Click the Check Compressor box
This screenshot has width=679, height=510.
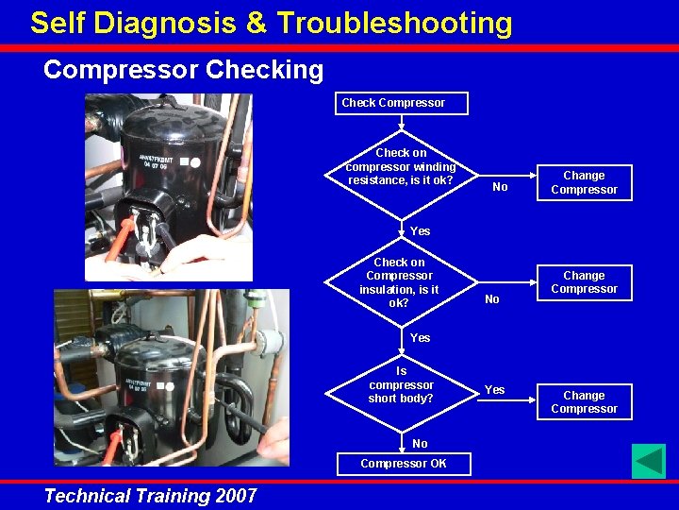[x=402, y=103]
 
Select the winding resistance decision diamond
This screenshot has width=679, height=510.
[x=400, y=166]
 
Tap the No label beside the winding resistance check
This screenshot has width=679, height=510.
[x=500, y=187]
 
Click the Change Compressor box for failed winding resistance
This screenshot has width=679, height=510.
[x=584, y=182]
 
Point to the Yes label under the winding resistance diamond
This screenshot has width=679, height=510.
[x=420, y=231]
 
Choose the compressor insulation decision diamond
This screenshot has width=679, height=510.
[x=398, y=282]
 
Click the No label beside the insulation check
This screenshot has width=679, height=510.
[x=491, y=299]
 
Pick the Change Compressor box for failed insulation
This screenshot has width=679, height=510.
[x=584, y=282]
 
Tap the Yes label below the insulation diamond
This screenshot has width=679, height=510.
[x=420, y=338]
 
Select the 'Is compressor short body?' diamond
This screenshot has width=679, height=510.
[x=401, y=385]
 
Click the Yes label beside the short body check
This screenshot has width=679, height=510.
[x=494, y=389]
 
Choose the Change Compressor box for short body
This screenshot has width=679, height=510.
[x=584, y=402]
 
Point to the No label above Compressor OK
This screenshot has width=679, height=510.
[x=420, y=444]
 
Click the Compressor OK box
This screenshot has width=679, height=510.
[x=403, y=464]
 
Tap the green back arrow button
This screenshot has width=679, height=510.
[x=649, y=462]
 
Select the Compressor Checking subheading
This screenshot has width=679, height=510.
[x=183, y=70]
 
